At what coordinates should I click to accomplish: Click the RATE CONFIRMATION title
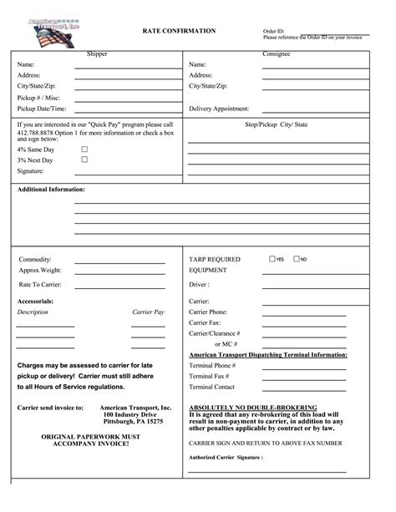[179, 31]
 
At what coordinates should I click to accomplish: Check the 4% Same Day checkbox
[84, 149]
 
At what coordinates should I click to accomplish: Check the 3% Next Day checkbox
[84, 159]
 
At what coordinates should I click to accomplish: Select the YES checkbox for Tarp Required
[272, 259]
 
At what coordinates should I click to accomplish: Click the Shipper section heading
[97, 53]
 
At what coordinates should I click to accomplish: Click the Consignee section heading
[276, 53]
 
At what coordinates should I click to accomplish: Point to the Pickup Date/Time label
[42, 109]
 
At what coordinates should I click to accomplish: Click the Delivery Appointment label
[219, 109]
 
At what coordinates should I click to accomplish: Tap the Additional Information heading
[51, 190]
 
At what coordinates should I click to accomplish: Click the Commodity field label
[36, 260]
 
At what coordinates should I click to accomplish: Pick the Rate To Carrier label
[41, 285]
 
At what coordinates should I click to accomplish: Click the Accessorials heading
[36, 301]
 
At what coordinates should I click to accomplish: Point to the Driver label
[199, 285]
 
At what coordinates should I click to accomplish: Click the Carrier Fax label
[205, 322]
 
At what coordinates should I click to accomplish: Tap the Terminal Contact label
[212, 387]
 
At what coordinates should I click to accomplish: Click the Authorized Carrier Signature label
[226, 458]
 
